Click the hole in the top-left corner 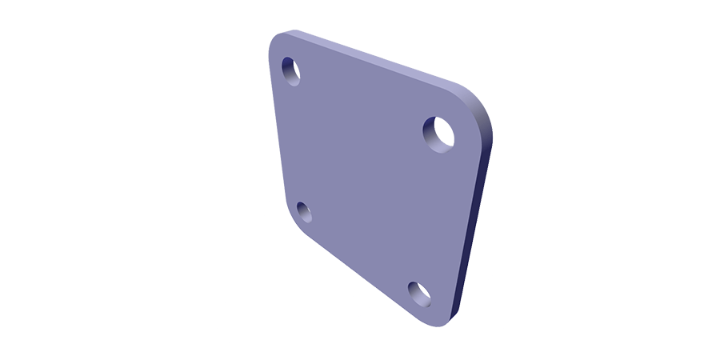[290, 70]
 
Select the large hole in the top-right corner [439, 133]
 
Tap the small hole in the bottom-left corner [304, 212]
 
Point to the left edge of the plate [278, 136]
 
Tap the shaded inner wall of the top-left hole [286, 74]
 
